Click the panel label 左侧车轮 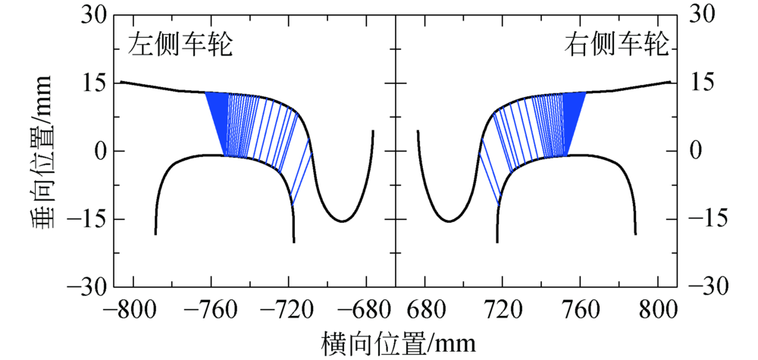[180, 46]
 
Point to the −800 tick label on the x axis [132, 310]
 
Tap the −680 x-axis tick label [368, 310]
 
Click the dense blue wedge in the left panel [216, 121]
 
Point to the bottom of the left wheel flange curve [342, 221]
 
